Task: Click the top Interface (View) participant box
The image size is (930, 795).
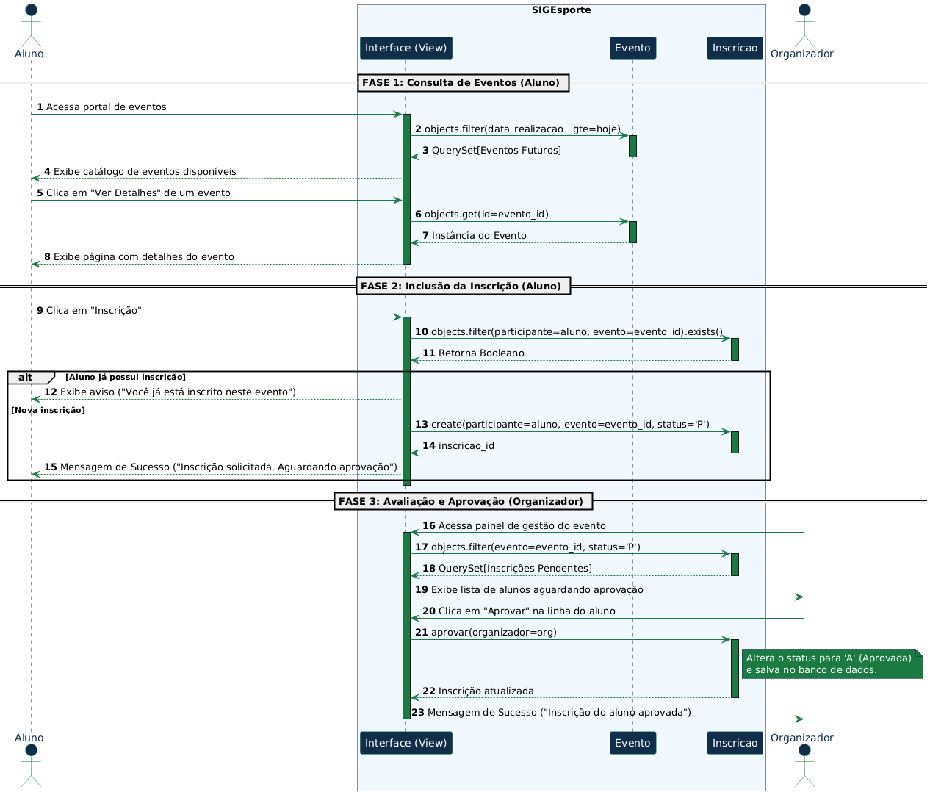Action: pos(405,48)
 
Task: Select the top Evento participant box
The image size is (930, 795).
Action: pos(632,48)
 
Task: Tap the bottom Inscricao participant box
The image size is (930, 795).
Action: pos(735,743)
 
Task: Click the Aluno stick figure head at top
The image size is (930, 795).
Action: pos(31,10)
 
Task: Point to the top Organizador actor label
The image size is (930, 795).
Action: pos(801,54)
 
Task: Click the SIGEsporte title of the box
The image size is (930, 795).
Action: pos(561,10)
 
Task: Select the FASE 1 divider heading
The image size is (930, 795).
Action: pos(463,83)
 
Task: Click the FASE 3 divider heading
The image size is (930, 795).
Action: pos(463,501)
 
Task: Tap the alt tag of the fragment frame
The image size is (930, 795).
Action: pos(26,377)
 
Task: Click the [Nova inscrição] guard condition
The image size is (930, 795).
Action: pos(48,410)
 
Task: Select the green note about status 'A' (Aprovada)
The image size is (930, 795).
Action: pos(832,663)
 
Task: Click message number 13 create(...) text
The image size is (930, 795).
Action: pos(562,424)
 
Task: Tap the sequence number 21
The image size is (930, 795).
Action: pos(421,632)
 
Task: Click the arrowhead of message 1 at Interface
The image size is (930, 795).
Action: pos(398,115)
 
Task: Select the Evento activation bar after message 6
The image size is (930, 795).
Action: pos(632,232)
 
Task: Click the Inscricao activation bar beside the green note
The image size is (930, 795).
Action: pos(735,669)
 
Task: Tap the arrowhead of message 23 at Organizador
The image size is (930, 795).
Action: pos(799,719)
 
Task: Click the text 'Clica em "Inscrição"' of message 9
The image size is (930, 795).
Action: pos(93,311)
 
